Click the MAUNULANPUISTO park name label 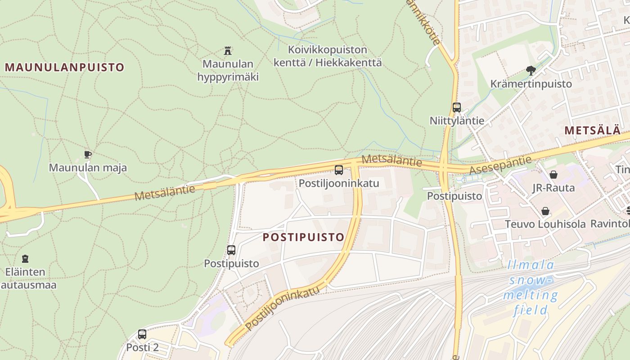[x=64, y=67]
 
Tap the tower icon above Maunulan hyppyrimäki [x=228, y=50]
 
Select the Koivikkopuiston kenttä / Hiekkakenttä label [x=328, y=56]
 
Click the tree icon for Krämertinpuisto [x=531, y=70]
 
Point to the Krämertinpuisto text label [x=531, y=84]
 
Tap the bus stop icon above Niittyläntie [x=457, y=108]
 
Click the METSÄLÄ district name [x=592, y=130]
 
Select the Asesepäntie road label [x=500, y=165]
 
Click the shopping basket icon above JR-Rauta [x=553, y=175]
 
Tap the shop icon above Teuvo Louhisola [x=545, y=211]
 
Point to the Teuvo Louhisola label [x=545, y=224]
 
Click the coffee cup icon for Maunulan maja [x=88, y=155]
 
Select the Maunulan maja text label [x=88, y=168]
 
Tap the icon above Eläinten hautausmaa [x=25, y=259]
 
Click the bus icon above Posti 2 [x=142, y=334]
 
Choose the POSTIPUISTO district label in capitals [x=303, y=237]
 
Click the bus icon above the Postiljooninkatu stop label [x=339, y=170]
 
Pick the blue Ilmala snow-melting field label [x=531, y=288]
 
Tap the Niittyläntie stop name [x=457, y=121]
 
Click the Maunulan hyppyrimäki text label [x=228, y=70]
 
